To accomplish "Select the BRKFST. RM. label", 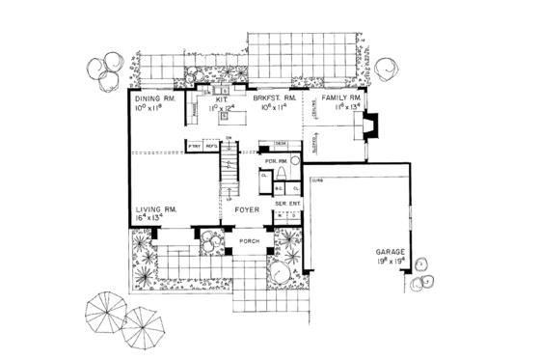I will click(273, 98).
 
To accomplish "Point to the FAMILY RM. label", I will click(341, 98).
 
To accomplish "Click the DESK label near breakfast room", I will click(282, 142).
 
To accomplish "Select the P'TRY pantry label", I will click(194, 147).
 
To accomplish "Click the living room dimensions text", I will click(154, 220).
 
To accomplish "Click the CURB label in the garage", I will click(316, 180).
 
